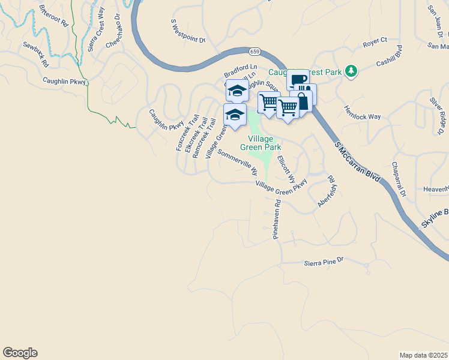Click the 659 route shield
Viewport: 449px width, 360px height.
pos(255,52)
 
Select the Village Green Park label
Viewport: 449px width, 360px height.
pos(261,142)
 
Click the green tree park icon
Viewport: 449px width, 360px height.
pos(351,72)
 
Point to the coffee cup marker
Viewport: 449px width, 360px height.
pos(297,80)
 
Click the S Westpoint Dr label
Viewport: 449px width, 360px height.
pos(188,32)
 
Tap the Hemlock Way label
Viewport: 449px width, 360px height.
pos(362,112)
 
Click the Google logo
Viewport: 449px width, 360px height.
pos(20,353)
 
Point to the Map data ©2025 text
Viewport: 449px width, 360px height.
pos(423,355)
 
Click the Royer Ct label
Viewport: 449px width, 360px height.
pos(375,43)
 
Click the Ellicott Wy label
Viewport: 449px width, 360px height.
pos(286,169)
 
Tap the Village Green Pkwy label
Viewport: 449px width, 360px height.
pos(281,188)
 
